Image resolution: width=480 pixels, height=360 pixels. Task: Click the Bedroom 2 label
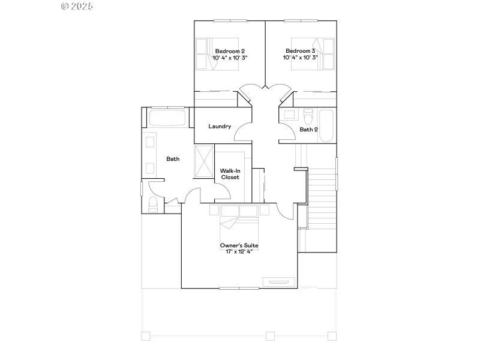[230, 51]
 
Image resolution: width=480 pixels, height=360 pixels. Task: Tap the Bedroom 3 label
[301, 51]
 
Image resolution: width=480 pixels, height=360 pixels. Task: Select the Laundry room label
[220, 126]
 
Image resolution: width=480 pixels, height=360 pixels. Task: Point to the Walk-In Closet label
[230, 174]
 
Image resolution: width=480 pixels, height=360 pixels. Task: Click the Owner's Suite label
[239, 245]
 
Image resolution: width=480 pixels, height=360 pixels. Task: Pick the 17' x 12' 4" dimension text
[239, 252]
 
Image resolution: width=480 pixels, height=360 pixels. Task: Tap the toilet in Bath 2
[309, 114]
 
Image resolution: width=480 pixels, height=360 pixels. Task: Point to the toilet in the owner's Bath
[152, 205]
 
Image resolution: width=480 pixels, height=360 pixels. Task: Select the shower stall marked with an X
[205, 160]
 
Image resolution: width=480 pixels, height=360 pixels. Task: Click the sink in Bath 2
[289, 113]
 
